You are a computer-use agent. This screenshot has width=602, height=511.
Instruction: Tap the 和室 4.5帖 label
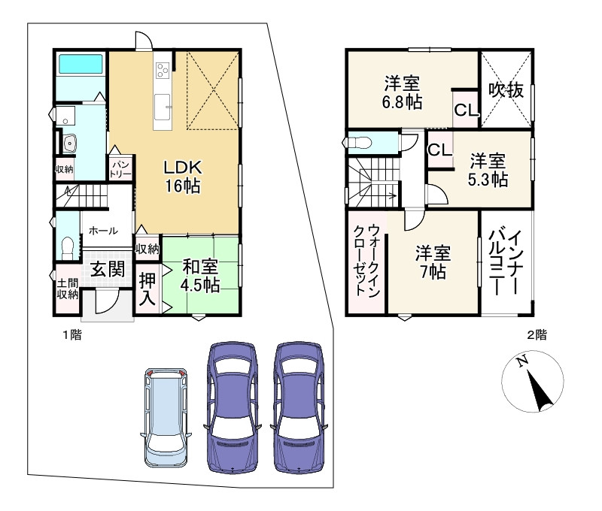[x=200, y=276]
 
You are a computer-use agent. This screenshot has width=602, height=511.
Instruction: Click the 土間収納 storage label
[x=67, y=289]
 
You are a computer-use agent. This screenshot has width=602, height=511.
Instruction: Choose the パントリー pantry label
[x=121, y=168]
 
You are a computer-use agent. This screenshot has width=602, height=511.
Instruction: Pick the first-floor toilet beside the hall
[x=68, y=246]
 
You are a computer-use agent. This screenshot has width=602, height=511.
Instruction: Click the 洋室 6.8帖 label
[x=403, y=92]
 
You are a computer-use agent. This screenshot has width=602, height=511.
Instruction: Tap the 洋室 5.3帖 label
[x=488, y=170]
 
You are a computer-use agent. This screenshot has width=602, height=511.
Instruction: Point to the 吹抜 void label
[x=505, y=90]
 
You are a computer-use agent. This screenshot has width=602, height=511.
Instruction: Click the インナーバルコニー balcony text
[x=506, y=264]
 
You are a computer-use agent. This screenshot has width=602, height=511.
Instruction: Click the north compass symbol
[x=532, y=382]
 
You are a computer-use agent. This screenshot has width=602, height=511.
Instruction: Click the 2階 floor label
[x=537, y=335]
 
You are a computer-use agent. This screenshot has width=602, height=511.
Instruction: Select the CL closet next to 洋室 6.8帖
[x=465, y=110]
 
